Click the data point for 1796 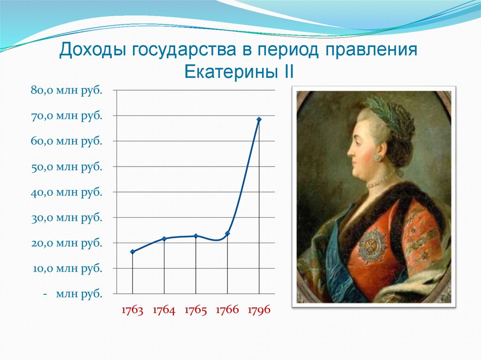pos(259,119)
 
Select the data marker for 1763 pos(132,252)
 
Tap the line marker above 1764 pos(164,239)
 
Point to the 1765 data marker pos(196,236)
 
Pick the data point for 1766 pos(227,233)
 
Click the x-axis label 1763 pos(132,311)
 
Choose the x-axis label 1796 pos(259,311)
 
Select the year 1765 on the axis pos(196,311)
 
